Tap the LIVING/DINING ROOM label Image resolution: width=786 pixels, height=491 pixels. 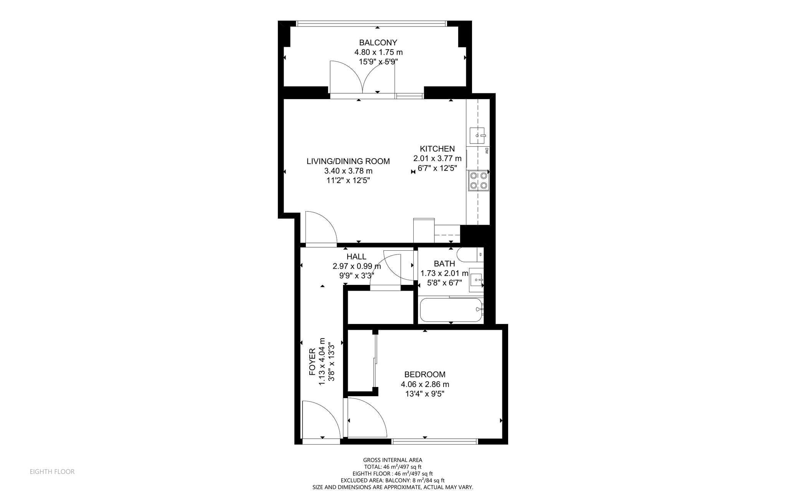[x=348, y=161]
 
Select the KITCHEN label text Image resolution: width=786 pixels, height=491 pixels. [x=437, y=149]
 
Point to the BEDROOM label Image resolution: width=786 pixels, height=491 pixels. [x=425, y=374]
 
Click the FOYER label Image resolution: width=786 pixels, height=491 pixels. [x=312, y=362]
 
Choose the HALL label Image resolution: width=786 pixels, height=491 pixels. [x=356, y=256]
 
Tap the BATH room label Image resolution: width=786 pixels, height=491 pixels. [x=444, y=264]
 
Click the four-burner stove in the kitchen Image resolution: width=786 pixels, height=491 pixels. [x=479, y=181]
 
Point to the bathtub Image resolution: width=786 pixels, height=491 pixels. [x=451, y=310]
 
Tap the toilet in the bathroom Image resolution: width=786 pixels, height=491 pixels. [x=470, y=255]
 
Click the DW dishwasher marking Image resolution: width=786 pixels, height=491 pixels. [x=486, y=151]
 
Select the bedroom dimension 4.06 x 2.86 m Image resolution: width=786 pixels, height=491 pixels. [x=425, y=384]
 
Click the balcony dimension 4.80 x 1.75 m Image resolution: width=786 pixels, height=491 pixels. [x=378, y=52]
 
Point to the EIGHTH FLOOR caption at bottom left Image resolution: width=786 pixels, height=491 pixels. [x=52, y=471]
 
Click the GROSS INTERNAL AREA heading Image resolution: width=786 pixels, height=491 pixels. [x=393, y=460]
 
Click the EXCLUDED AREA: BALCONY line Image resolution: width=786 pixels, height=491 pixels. [x=393, y=480]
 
